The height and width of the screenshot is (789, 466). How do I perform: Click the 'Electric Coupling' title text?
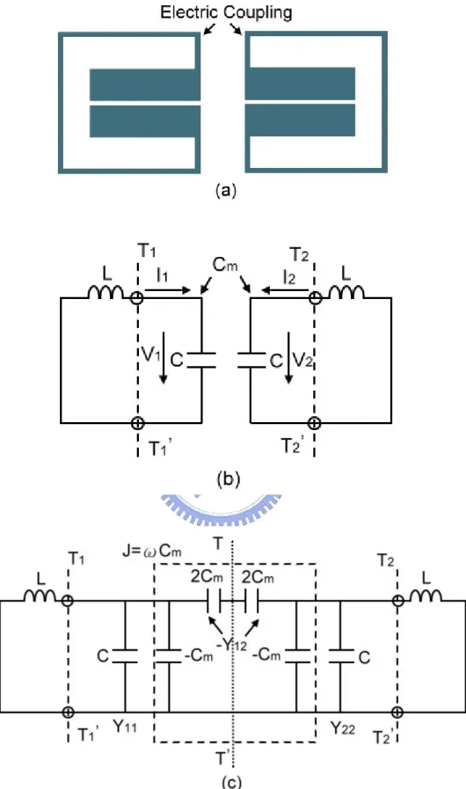point(226,11)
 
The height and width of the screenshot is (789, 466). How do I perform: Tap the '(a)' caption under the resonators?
point(225,191)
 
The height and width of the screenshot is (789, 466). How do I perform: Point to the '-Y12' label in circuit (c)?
point(230,644)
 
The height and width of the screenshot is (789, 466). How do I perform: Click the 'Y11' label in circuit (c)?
point(124,727)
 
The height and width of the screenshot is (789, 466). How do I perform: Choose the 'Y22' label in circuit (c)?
point(342,727)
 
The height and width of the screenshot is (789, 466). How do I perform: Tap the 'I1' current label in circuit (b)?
point(162,274)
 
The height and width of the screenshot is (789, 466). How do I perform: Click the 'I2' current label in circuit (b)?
point(288,278)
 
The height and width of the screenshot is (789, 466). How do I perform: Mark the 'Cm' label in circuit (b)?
point(225,265)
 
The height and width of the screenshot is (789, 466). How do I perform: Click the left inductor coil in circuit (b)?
point(106,292)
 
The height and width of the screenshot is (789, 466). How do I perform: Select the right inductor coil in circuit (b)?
point(346,292)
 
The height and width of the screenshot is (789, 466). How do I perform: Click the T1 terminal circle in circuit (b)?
point(137,298)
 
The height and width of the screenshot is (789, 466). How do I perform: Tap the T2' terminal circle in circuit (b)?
point(314,423)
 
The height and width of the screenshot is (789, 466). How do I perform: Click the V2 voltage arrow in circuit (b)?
point(288,358)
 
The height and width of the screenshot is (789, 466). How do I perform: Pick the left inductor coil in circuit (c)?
point(40,595)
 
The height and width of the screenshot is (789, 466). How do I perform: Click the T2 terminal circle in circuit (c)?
point(397,600)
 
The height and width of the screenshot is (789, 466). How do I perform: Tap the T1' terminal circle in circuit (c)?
point(68,712)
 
